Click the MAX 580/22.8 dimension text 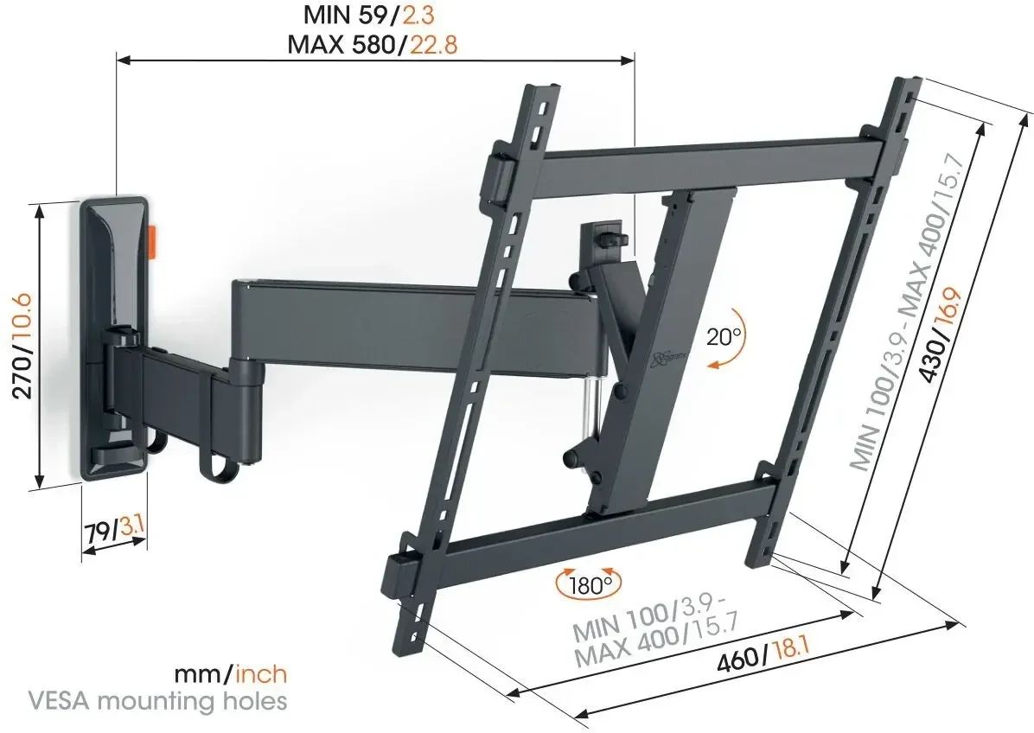pyautogui.click(x=373, y=44)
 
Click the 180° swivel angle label pyautogui.click(x=589, y=584)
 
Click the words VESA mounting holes pyautogui.click(x=158, y=701)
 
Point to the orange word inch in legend pyautogui.click(x=261, y=673)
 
